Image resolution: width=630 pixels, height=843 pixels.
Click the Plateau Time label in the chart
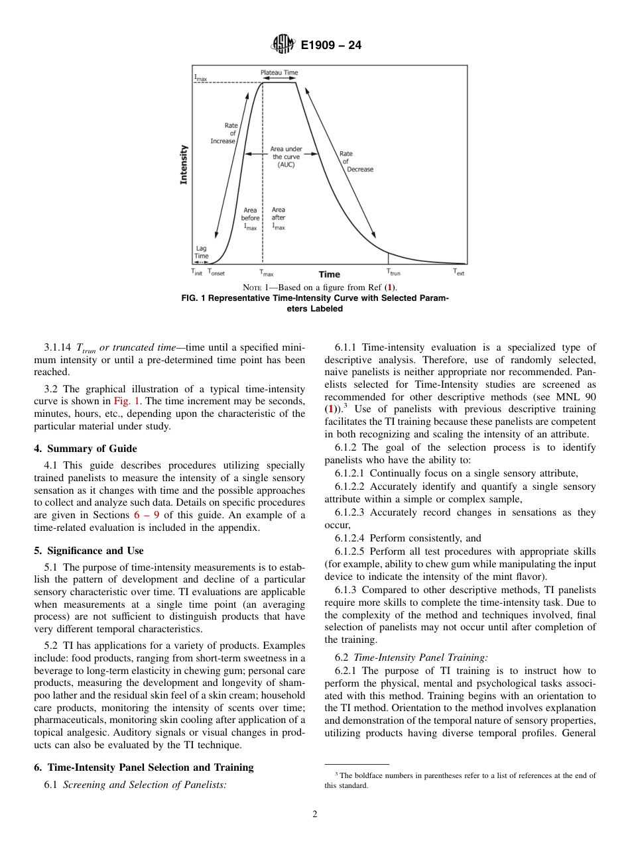pos(279,72)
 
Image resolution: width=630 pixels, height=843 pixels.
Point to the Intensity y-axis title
pos(184,165)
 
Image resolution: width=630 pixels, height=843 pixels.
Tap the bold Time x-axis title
pos(329,274)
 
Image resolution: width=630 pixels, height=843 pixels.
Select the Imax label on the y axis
pos(200,78)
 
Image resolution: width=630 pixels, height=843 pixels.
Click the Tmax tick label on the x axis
pos(266,272)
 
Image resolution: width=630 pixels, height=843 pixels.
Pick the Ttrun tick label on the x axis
pos(393,272)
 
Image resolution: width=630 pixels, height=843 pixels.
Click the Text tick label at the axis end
pos(459,272)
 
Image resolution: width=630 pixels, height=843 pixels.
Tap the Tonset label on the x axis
pos(216,272)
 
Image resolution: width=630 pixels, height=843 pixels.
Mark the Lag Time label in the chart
pos(201,253)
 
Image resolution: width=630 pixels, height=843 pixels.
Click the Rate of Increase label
pos(223,133)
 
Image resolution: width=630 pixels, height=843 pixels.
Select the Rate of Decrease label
pos(357,161)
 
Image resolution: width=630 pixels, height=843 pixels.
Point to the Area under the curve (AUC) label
pos(286,157)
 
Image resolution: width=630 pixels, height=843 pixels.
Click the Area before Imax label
pos(250,218)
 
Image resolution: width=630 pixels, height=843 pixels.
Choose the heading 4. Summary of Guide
pos(86,449)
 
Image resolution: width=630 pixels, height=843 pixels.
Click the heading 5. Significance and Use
pos(89,551)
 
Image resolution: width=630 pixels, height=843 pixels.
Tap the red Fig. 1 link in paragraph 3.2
pos(121,402)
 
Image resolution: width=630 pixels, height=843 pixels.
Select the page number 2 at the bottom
pos(315,815)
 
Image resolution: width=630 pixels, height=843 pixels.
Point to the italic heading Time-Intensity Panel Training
pos(421,657)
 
